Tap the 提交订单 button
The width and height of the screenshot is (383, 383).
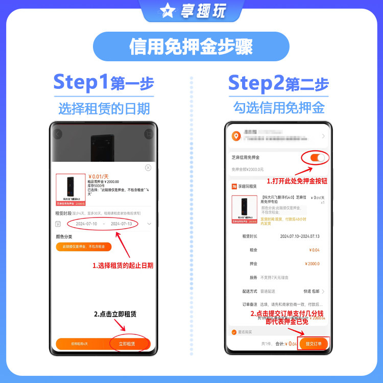(314, 344)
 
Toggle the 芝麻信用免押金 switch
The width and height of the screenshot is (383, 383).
(317, 158)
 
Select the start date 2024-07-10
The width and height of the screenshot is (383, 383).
(86, 224)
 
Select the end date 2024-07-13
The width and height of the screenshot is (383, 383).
(121, 224)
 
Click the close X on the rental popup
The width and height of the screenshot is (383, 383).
(148, 167)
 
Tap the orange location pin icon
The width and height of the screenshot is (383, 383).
(235, 136)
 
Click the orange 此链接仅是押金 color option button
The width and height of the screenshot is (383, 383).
(83, 246)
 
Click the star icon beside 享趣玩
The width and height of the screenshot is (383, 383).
(166, 11)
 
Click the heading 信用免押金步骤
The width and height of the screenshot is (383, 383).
(191, 47)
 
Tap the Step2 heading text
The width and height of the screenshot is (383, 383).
(255, 83)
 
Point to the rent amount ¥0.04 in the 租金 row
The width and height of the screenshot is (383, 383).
(314, 250)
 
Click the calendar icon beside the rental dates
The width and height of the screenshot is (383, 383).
(58, 224)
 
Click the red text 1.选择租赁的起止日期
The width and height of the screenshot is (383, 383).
(123, 266)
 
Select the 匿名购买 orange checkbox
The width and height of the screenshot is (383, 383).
(234, 332)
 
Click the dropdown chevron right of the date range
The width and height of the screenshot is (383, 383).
(149, 224)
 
